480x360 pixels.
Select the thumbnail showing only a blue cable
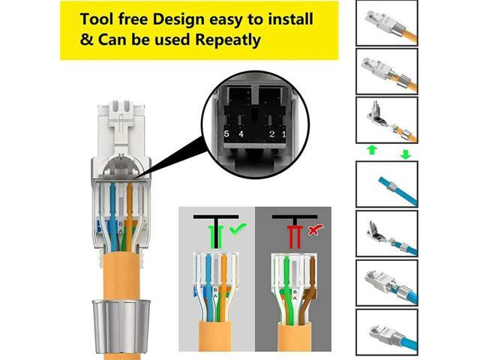click(385, 183)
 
